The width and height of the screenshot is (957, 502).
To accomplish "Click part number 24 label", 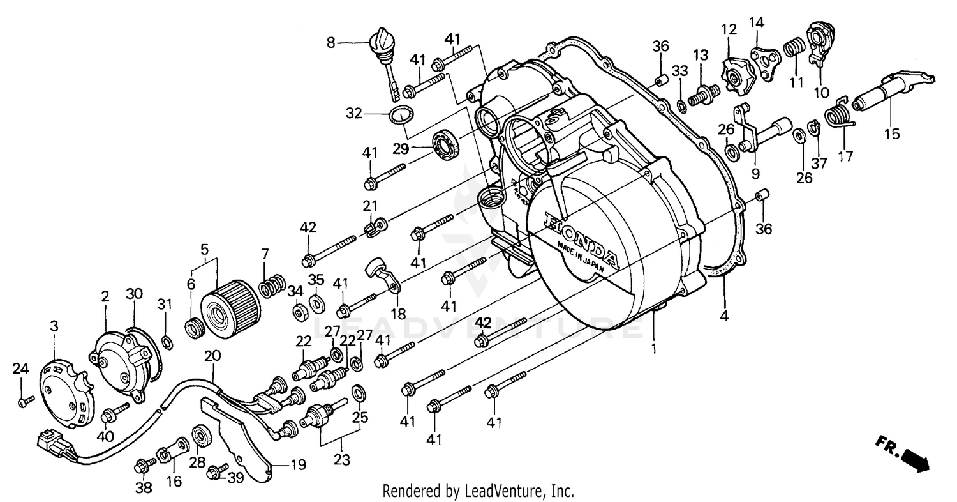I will coord(21,369).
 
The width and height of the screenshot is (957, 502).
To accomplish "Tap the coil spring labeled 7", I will coord(273,284).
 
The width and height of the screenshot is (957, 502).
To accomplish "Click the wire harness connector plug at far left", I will coord(50,442).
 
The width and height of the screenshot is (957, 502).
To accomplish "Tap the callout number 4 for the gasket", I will coord(725,315).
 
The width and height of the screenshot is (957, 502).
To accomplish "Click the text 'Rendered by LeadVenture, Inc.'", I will coord(478,491).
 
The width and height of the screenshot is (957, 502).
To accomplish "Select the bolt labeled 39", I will coord(215,473).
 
